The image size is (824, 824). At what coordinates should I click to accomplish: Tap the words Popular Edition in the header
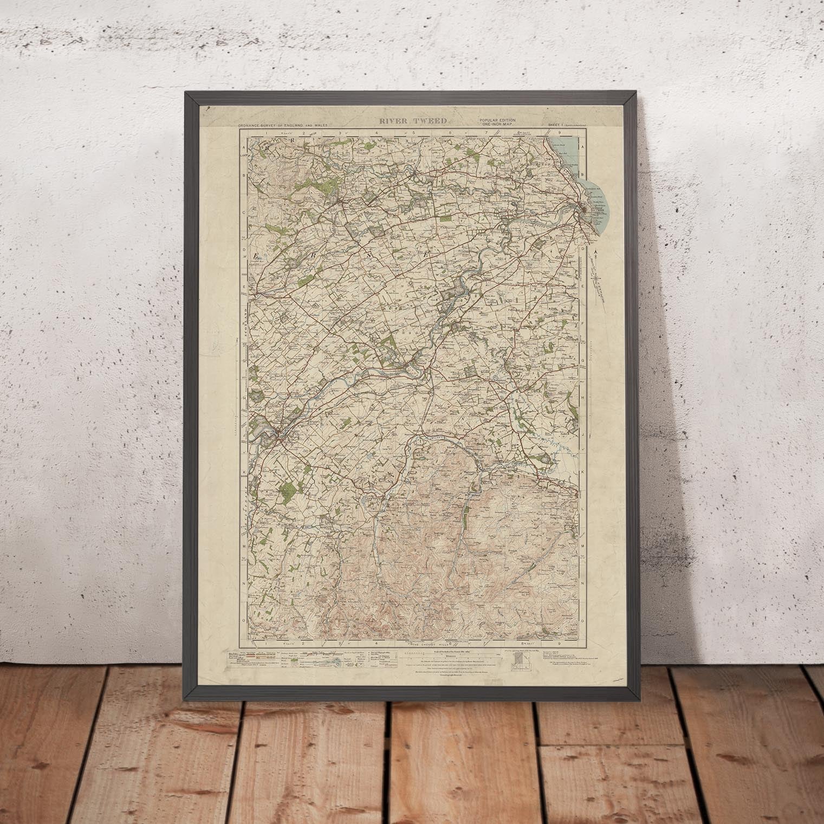pos(497,120)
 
